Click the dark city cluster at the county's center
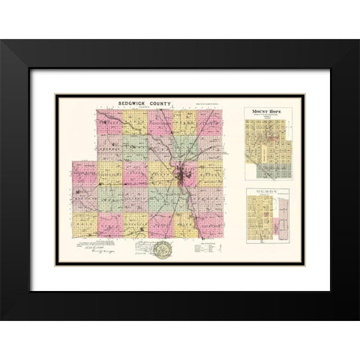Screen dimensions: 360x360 [x=183, y=178]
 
